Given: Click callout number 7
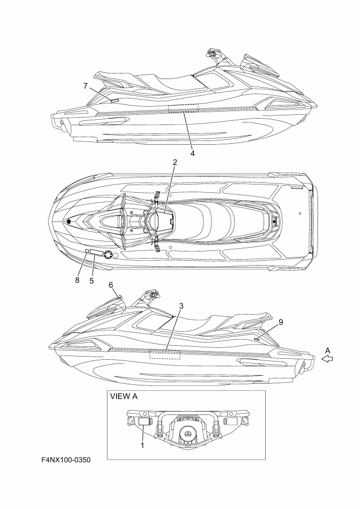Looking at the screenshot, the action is point(86,86).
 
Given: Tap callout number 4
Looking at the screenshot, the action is point(192,153).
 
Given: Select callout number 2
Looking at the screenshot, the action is point(175,163).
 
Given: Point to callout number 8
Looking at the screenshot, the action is point(77,280).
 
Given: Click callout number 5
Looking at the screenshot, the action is point(91,280).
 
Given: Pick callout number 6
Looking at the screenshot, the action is point(111,285).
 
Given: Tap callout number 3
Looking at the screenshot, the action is point(181,306).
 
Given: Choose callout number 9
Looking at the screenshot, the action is point(281,322).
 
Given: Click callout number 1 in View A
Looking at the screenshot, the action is point(142,445).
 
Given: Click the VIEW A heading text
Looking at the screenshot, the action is point(124,396).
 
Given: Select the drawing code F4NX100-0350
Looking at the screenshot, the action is point(66,460).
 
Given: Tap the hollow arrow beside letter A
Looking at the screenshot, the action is point(327,359).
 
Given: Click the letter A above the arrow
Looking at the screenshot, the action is point(327,350).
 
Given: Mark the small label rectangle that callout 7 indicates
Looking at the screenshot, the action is point(114,101).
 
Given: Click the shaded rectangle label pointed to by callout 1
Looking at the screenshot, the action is point(144,421).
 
